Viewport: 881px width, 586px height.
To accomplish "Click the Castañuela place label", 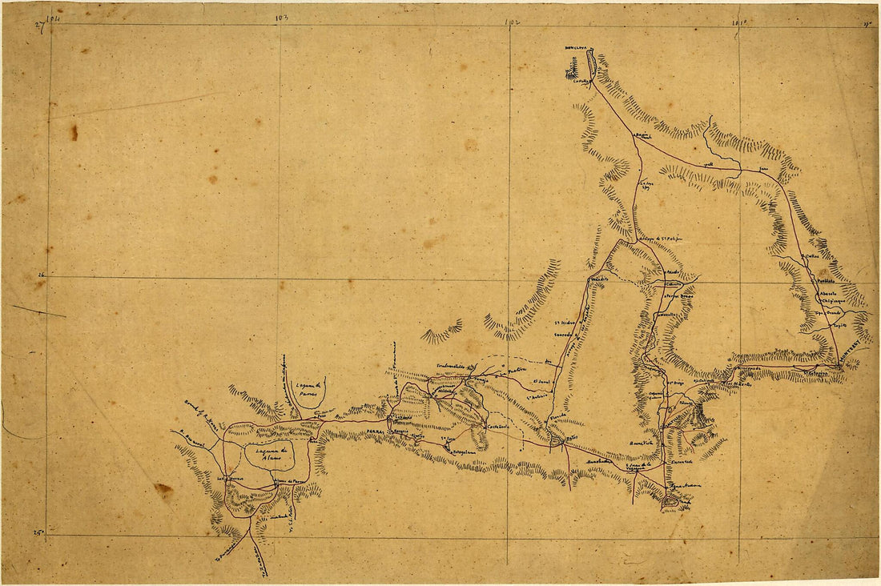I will coord(498,427).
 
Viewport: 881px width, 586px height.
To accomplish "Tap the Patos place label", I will coord(569,439).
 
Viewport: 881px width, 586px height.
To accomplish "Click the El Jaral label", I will coord(543,382).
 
